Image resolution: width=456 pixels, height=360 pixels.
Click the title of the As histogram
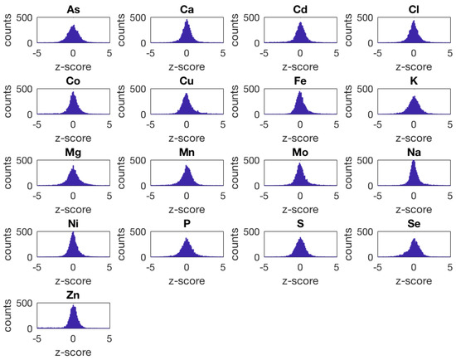(73, 8)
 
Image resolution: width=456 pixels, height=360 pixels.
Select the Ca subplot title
(187, 8)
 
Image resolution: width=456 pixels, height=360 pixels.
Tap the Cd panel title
(300, 8)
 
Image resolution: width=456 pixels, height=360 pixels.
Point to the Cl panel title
(414, 8)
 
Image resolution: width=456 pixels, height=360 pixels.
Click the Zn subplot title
(73, 294)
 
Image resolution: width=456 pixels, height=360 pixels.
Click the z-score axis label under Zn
(73, 352)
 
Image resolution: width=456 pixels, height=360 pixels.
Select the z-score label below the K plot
(414, 138)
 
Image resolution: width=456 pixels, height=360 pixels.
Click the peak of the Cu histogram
(187, 95)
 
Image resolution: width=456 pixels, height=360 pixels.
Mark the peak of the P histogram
(187, 240)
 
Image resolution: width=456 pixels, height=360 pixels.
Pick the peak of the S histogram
(300, 239)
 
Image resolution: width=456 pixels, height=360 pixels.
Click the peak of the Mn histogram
(187, 167)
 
